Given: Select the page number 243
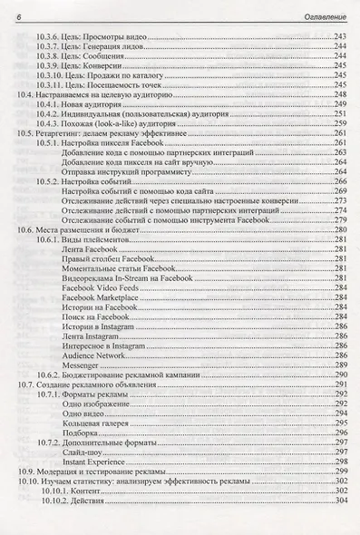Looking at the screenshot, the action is [340, 34].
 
